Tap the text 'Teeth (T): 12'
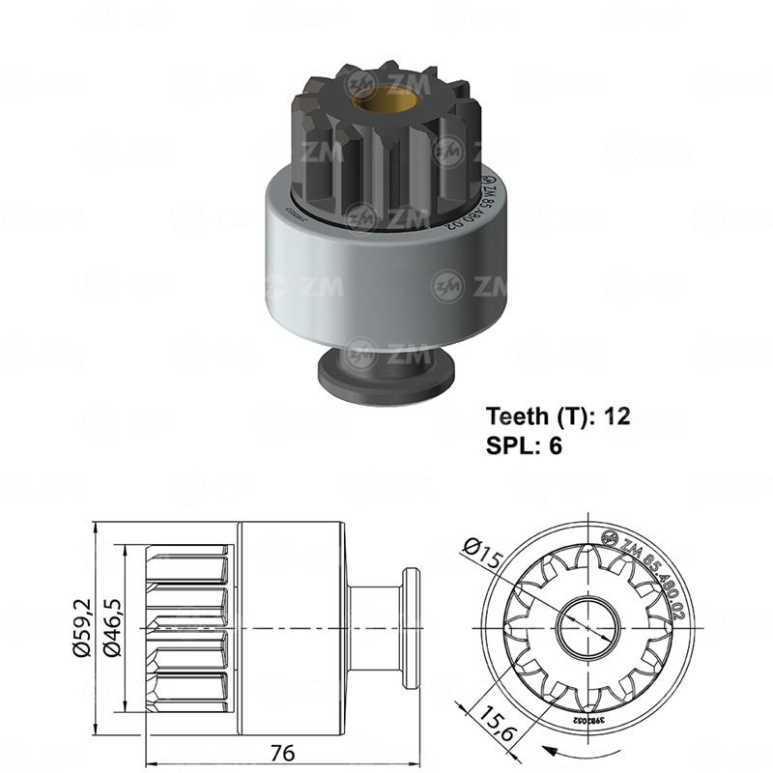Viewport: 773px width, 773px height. tap(558, 416)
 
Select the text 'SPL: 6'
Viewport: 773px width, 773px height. tap(523, 445)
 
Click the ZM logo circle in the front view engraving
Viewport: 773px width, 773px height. tap(611, 538)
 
